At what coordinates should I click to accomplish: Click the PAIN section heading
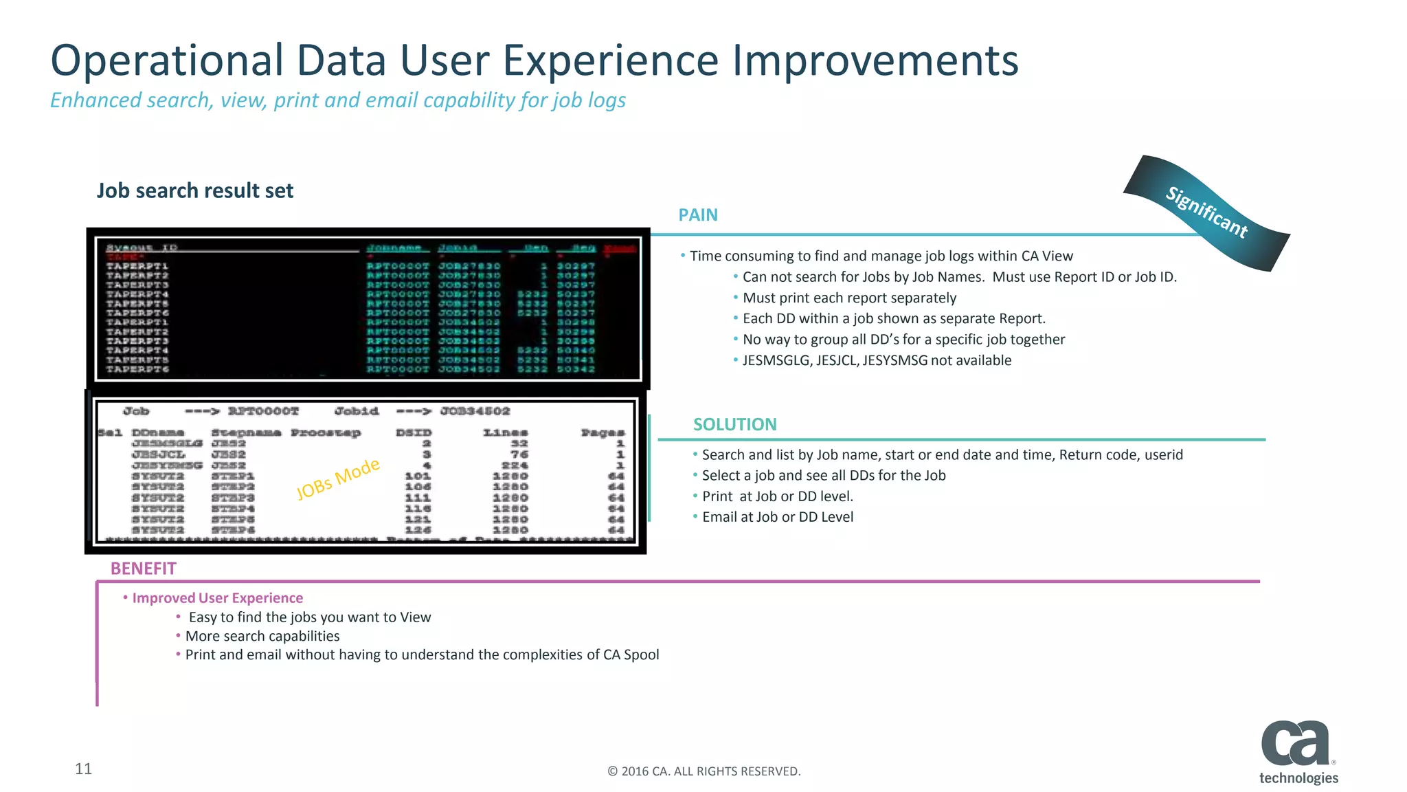pyautogui.click(x=697, y=215)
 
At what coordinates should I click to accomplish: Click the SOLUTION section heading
pyautogui.click(x=734, y=425)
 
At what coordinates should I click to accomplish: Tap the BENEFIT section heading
pyautogui.click(x=143, y=569)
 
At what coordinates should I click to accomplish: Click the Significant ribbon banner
pyautogui.click(x=1206, y=213)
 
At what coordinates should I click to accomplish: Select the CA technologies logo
pyautogui.click(x=1297, y=752)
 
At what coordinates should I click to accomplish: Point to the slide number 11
pyautogui.click(x=83, y=769)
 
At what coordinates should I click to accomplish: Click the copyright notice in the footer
pyautogui.click(x=703, y=771)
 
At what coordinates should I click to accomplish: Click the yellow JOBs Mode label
pyautogui.click(x=337, y=478)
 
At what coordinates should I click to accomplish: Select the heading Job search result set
pyautogui.click(x=195, y=190)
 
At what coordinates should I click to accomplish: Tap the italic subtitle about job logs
pyautogui.click(x=337, y=100)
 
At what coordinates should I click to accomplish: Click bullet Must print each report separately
pyautogui.click(x=848, y=298)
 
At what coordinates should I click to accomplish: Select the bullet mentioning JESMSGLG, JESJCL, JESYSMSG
pyautogui.click(x=876, y=360)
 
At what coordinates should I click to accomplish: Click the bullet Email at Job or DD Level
pyautogui.click(x=777, y=517)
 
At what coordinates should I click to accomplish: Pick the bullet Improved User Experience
pyautogui.click(x=217, y=598)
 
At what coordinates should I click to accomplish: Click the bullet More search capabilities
pyautogui.click(x=262, y=636)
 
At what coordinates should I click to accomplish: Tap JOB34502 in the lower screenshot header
pyautogui.click(x=475, y=411)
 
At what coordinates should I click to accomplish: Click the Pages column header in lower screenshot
pyautogui.click(x=602, y=432)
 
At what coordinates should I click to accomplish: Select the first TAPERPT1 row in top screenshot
pyautogui.click(x=137, y=266)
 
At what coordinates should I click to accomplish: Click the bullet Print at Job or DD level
pyautogui.click(x=777, y=496)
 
